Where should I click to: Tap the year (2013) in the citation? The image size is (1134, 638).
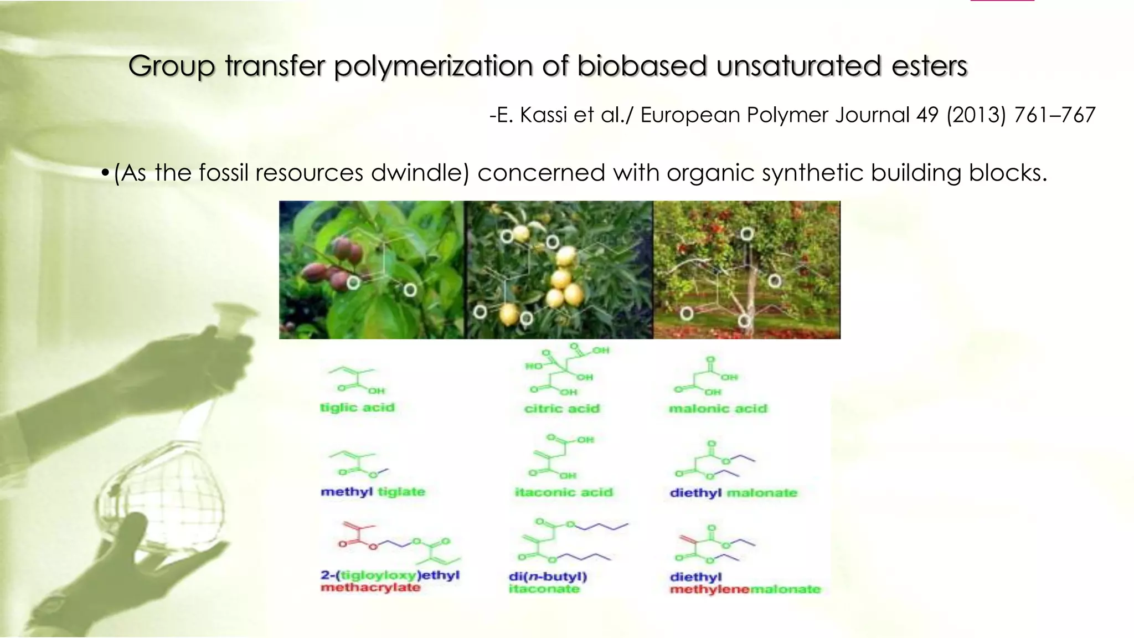976,115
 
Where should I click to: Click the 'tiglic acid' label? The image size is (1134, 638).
357,408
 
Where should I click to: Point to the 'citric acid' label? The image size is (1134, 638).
561,409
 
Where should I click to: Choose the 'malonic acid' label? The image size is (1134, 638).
718,409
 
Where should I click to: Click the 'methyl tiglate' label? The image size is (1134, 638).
373,492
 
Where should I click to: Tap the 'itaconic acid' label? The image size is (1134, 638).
564,492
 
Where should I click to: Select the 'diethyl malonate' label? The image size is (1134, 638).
733,493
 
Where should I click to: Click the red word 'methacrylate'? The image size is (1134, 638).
370,588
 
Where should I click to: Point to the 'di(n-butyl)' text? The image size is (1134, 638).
548,576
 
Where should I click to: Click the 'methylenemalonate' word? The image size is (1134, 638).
745,589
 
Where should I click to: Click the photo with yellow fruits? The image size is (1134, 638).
559,270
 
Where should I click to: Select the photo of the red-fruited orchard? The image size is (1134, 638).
746,270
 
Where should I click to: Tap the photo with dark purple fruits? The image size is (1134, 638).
371,270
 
